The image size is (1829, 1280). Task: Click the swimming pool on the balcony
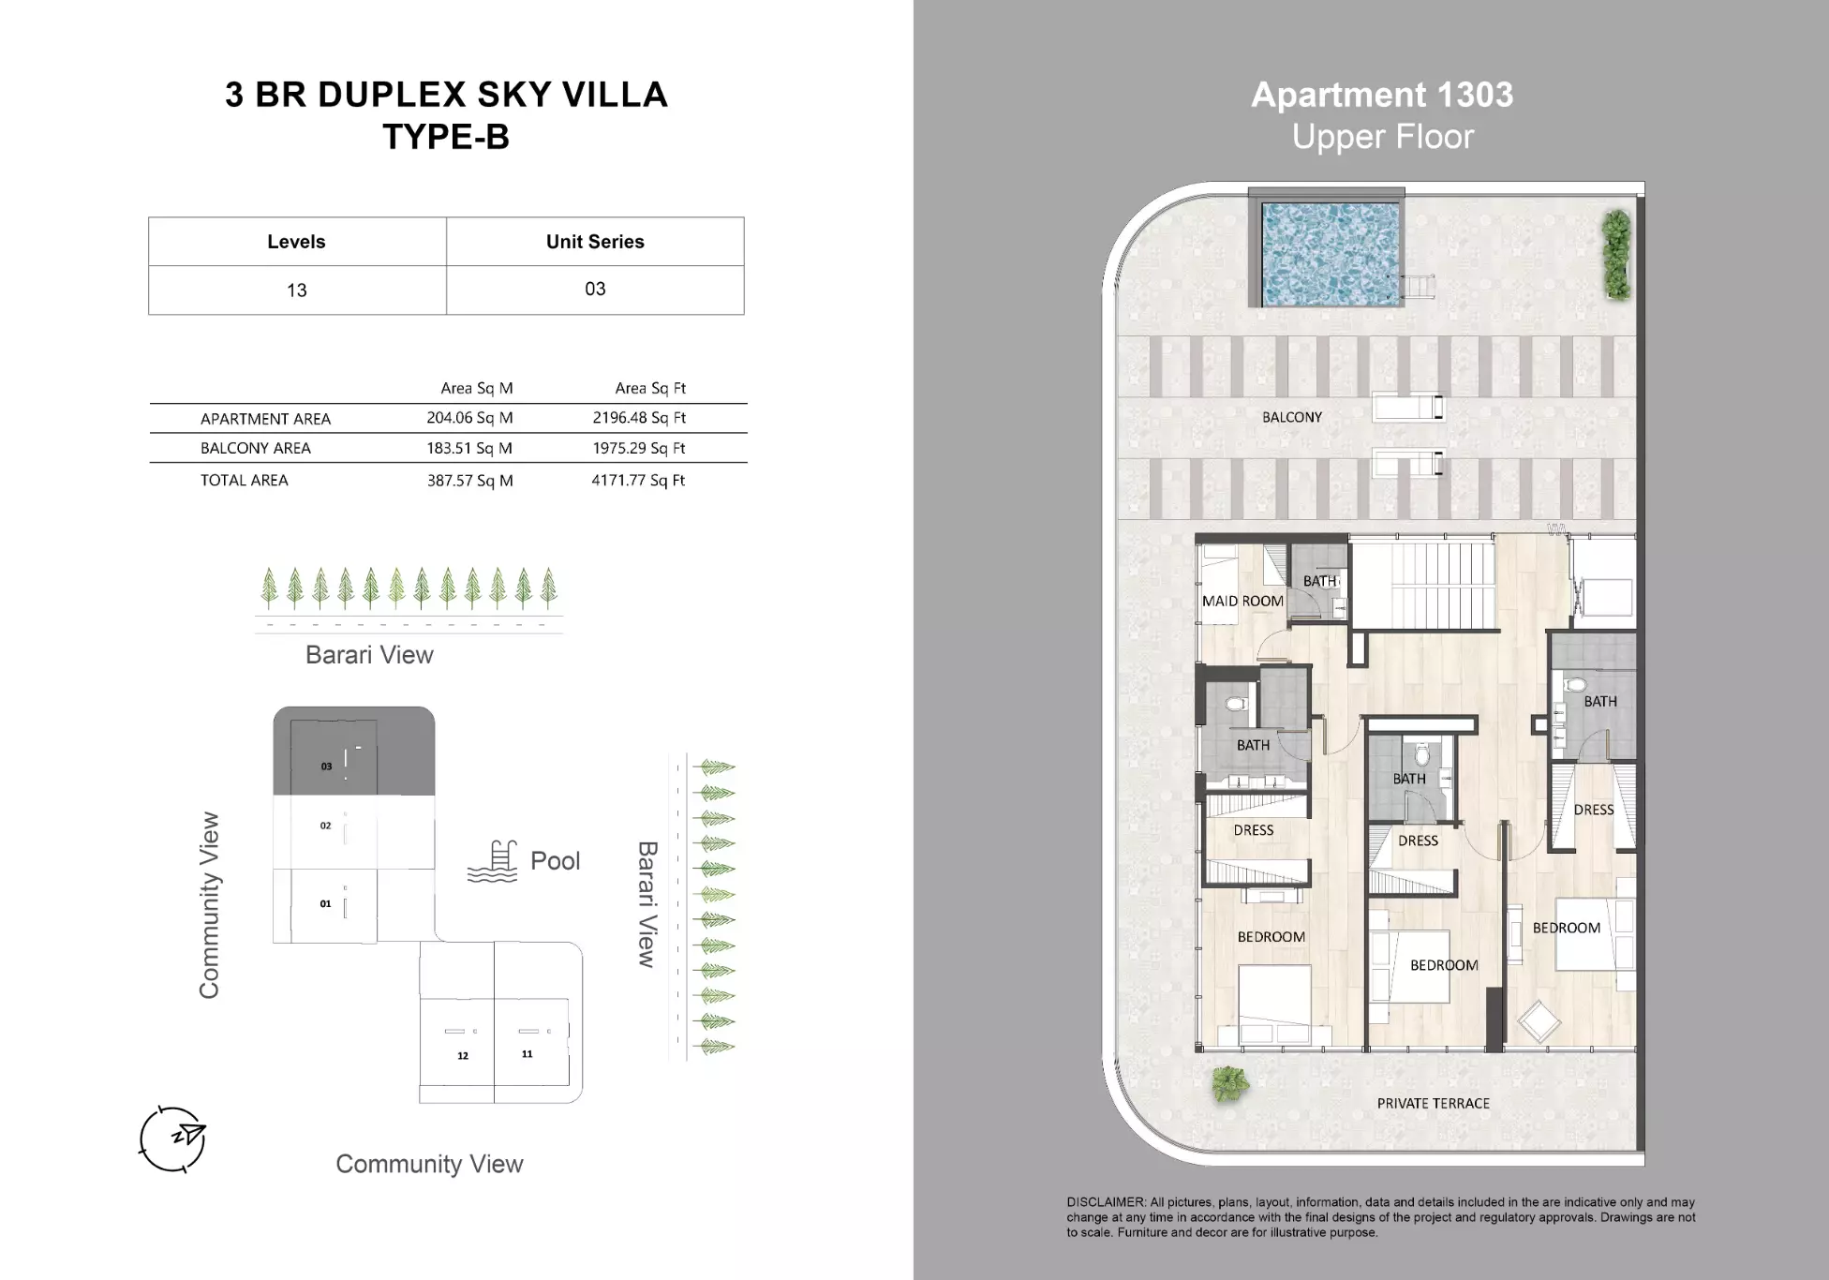[1331, 255]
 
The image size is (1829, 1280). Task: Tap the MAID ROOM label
[1242, 602]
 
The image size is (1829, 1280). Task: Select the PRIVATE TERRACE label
[1433, 1104]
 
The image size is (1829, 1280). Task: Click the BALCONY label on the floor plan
[1292, 418]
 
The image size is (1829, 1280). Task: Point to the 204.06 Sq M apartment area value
[469, 418]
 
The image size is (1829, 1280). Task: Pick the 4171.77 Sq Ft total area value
[638, 481]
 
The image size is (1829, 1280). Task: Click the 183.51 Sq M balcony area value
[469, 448]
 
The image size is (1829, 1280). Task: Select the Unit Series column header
[595, 242]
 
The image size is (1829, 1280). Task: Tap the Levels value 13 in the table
[297, 290]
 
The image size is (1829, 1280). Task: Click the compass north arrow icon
[173, 1139]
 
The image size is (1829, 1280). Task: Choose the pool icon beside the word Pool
[493, 861]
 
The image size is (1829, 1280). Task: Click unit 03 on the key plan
[326, 767]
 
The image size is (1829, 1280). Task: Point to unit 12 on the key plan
[463, 1056]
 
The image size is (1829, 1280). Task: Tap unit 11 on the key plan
[527, 1054]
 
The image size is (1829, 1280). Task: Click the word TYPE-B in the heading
[446, 137]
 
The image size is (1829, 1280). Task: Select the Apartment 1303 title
[1382, 95]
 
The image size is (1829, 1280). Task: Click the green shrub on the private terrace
[1230, 1083]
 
